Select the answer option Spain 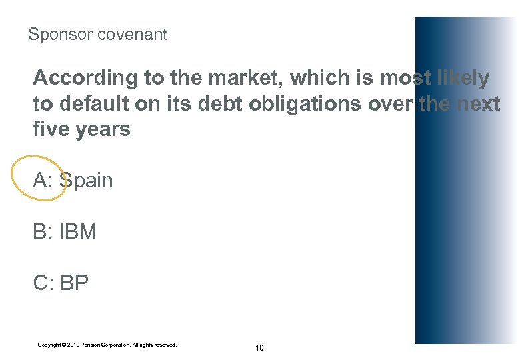point(87,181)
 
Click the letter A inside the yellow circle point(42,181)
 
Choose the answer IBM point(78,232)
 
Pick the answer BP point(74,283)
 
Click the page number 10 point(259,348)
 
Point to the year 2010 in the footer point(72,345)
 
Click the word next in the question point(478,104)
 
